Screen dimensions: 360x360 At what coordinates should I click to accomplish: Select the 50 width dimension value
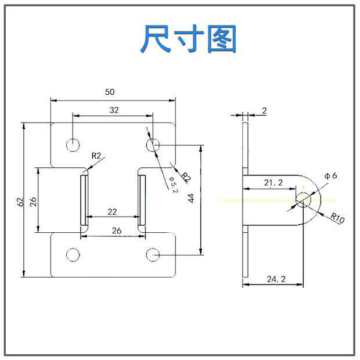(x=109, y=92)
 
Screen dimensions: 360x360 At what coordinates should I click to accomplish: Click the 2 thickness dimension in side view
(x=264, y=110)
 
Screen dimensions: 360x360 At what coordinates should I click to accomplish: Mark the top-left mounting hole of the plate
(x=73, y=144)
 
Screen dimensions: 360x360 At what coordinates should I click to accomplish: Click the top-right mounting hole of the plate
(x=153, y=144)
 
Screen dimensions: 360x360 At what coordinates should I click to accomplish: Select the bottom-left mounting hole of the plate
(x=73, y=254)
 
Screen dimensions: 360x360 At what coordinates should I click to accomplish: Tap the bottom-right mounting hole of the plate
(x=153, y=254)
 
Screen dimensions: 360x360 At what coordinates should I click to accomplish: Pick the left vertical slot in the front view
(x=84, y=199)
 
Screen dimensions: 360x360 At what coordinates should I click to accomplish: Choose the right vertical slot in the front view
(x=141, y=199)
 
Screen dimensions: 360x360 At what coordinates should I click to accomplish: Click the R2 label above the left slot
(x=96, y=156)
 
